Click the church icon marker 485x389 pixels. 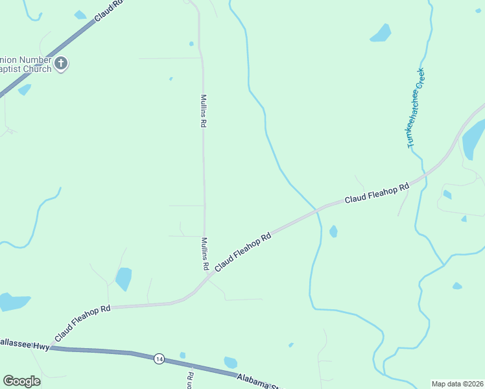62,64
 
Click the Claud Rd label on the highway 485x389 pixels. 109,10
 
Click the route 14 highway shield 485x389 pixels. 159,359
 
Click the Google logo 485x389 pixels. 21,381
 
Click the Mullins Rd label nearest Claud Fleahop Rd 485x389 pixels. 204,253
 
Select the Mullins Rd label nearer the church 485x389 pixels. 203,111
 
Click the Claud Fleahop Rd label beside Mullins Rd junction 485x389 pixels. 242,252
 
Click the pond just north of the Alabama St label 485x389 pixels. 230,362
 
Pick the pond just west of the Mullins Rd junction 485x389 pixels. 123,279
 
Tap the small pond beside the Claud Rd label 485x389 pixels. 80,14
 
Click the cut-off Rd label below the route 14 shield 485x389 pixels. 191,380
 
